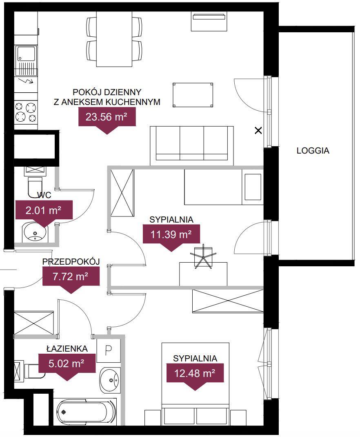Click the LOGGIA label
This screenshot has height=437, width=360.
coord(313,150)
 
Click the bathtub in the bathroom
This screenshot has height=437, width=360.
coord(87,412)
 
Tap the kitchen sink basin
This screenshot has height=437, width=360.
coord(26,54)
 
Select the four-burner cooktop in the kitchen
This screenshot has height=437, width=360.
coord(26,112)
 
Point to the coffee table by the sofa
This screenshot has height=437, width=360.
coord(193,95)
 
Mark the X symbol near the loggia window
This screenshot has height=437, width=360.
coord(258,130)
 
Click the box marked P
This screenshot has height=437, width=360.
coord(108,350)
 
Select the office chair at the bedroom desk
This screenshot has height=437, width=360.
coord(203,256)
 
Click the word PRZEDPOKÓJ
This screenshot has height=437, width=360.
coord(71,261)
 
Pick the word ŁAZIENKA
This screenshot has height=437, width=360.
coord(67,348)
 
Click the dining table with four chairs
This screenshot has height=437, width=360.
coord(114,39)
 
